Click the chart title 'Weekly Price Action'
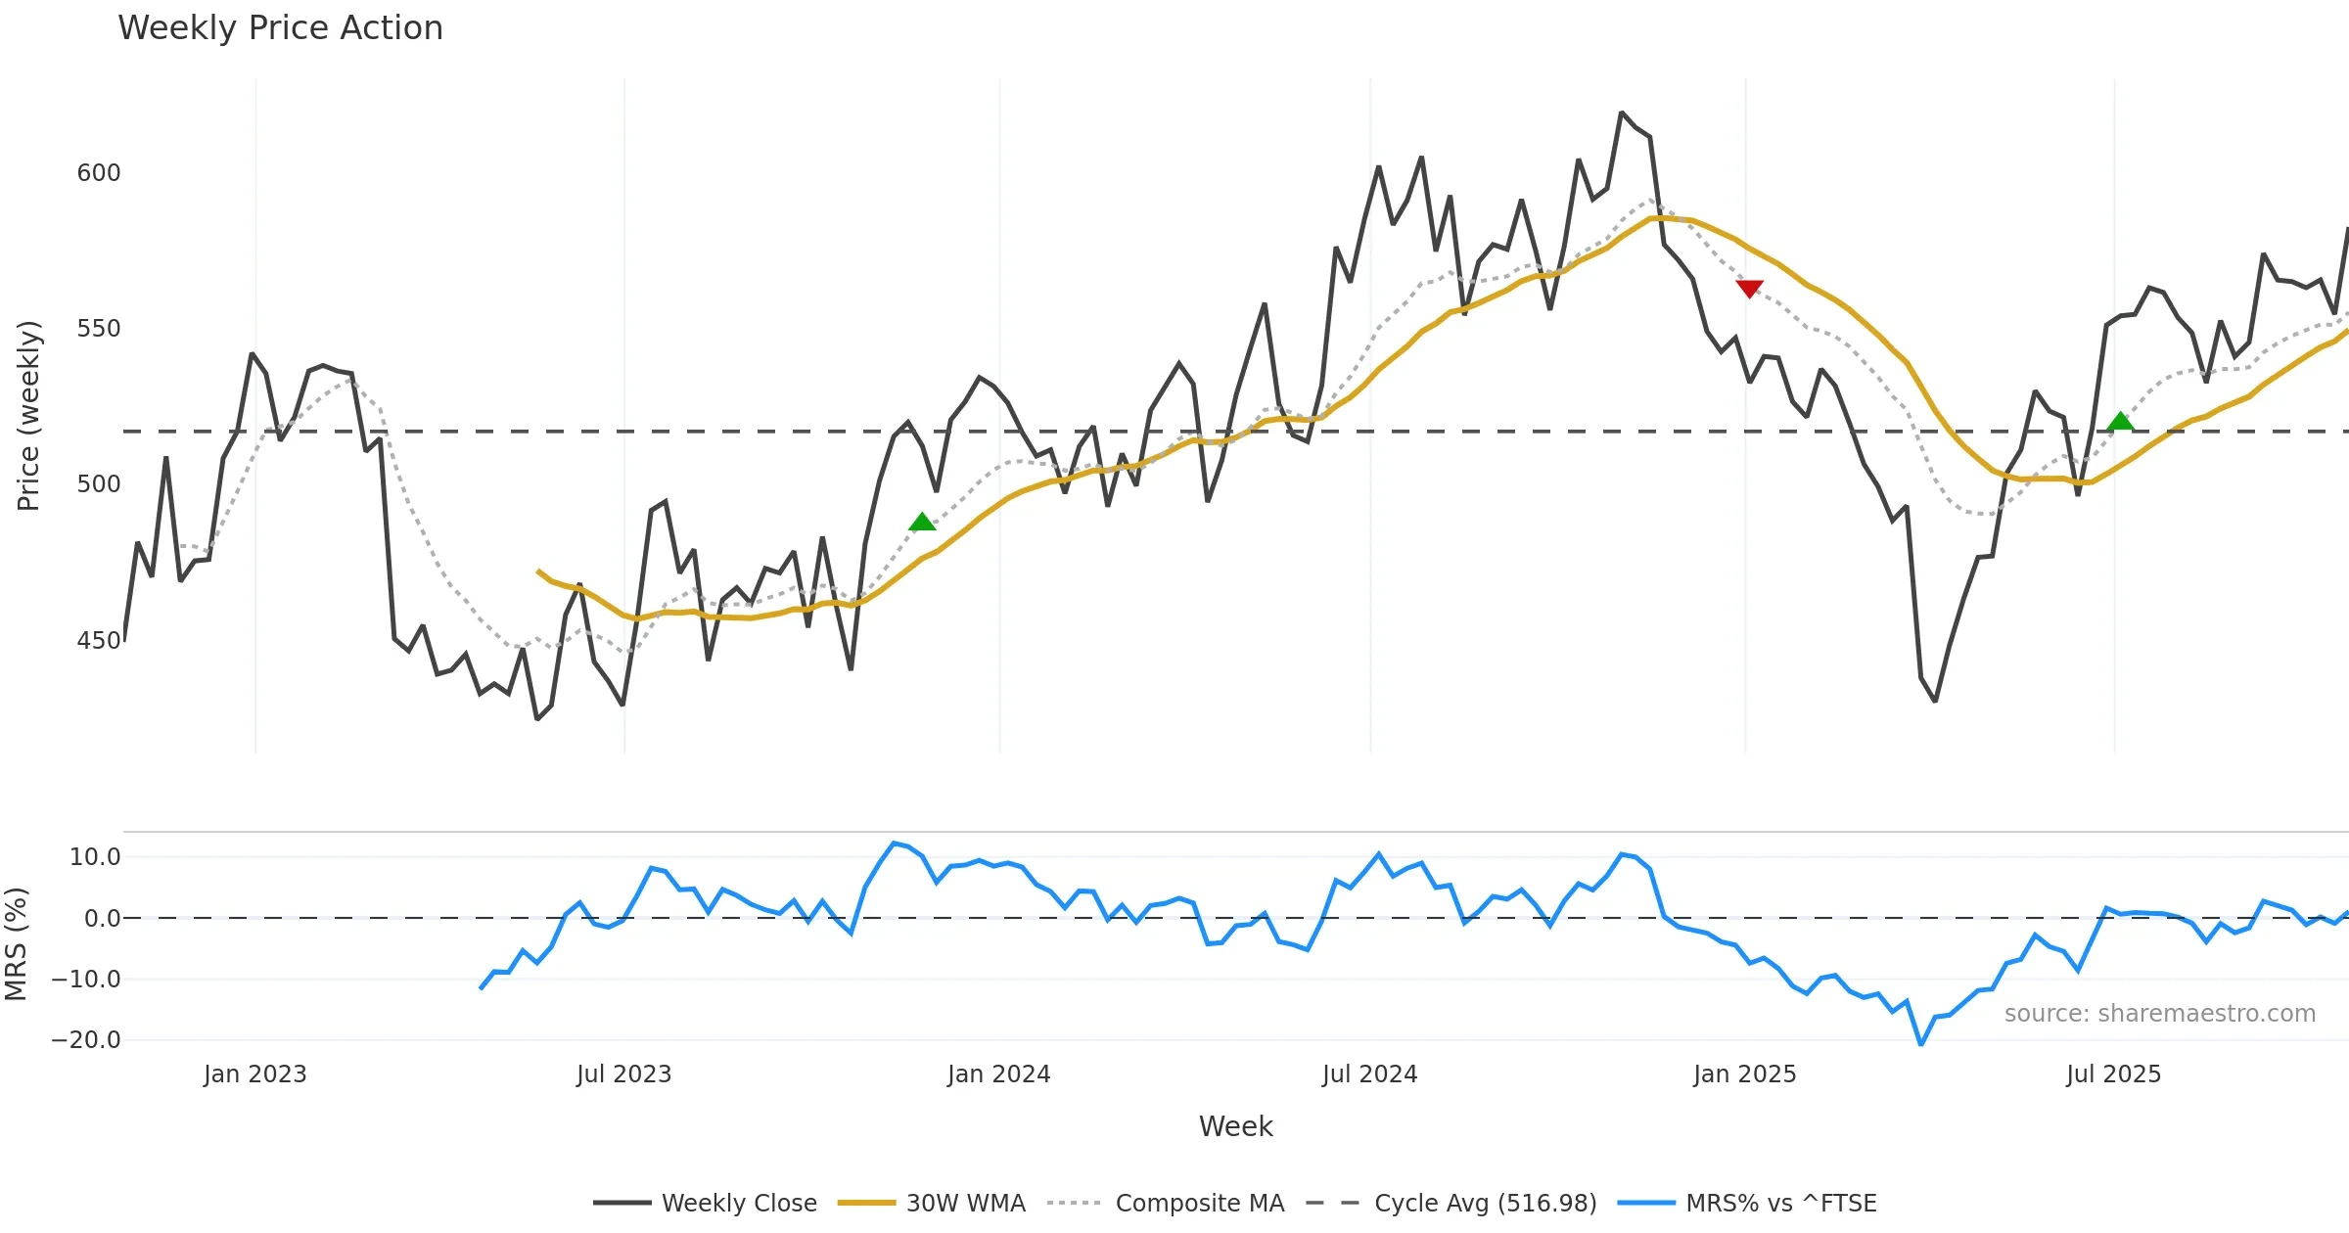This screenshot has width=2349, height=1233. (280, 28)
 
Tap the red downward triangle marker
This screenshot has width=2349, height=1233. (1749, 288)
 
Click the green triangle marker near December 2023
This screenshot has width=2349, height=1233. (922, 522)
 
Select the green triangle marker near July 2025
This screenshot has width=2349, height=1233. (2120, 422)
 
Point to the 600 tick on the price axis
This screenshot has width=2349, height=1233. (99, 173)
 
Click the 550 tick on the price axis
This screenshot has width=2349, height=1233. (99, 329)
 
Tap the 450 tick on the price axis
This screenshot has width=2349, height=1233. (99, 641)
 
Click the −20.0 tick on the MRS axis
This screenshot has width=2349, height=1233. (86, 1040)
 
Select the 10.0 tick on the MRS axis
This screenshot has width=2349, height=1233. (95, 857)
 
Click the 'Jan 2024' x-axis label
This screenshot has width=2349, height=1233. (998, 1074)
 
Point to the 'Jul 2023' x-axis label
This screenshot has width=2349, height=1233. (624, 1074)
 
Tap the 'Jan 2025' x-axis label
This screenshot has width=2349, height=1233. (1745, 1074)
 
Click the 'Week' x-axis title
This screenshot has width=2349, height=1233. (1235, 1127)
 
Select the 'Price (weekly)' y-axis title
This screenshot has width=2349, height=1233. (28, 416)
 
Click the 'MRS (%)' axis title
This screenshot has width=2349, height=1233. (16, 944)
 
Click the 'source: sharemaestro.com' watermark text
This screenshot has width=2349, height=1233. (2159, 1014)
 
